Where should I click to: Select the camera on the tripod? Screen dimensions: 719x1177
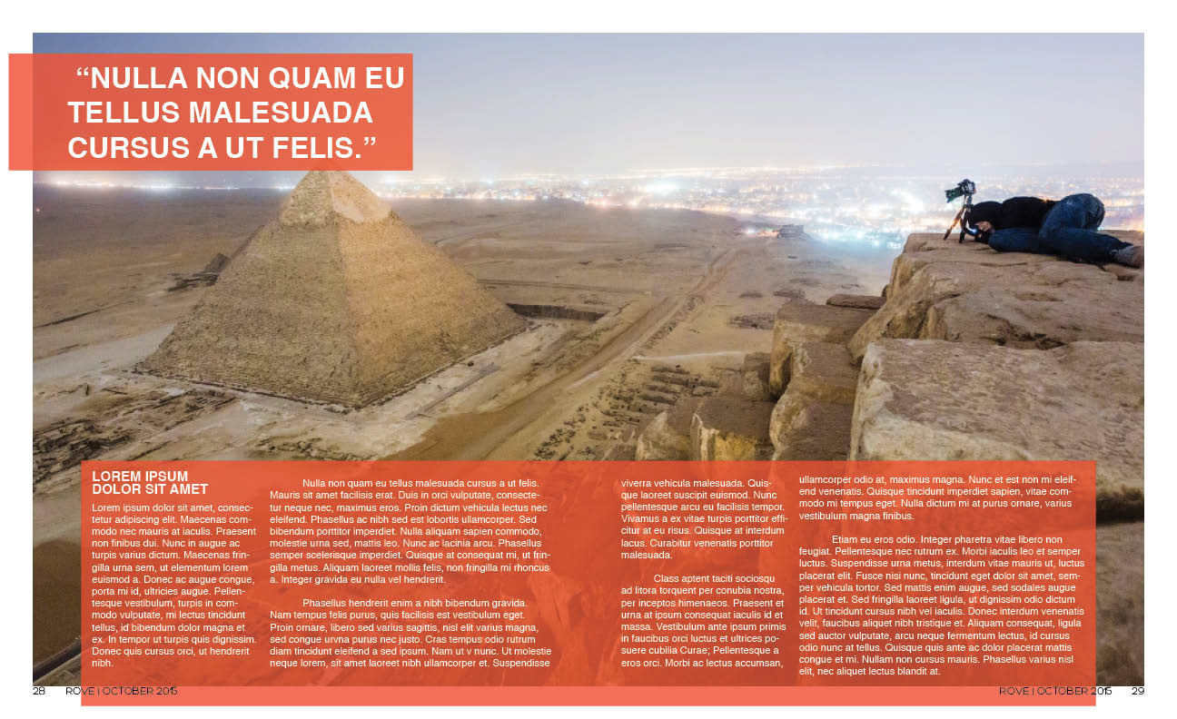click(960, 191)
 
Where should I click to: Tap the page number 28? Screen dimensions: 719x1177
click(40, 691)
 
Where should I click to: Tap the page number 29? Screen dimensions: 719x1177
click(1137, 691)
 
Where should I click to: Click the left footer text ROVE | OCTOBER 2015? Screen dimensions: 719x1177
click(121, 691)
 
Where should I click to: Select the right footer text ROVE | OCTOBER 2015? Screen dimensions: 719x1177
click(1055, 691)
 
